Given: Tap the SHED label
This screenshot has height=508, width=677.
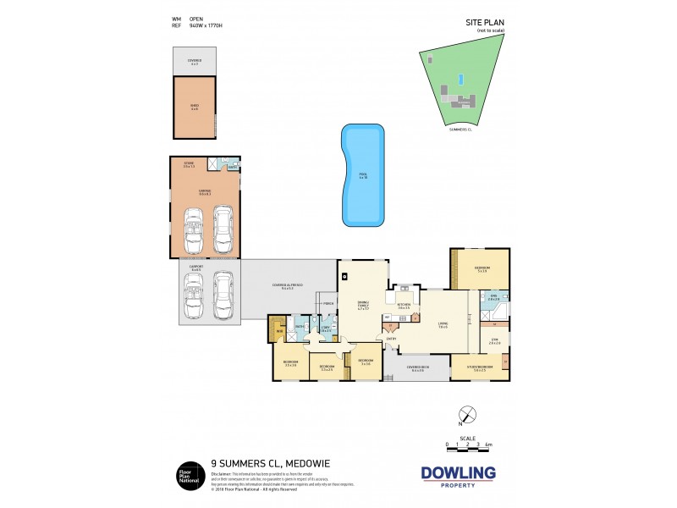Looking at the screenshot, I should point(194,106).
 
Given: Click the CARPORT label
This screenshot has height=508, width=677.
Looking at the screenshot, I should point(195,268).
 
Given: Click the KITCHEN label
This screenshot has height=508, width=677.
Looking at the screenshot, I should point(404,305).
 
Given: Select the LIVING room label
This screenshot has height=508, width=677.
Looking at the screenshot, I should point(443,325).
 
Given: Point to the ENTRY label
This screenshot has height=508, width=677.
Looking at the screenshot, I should point(391,340).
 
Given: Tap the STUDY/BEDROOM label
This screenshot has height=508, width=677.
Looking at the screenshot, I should point(484,367).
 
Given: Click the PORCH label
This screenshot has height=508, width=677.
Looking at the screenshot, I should point(327,303).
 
